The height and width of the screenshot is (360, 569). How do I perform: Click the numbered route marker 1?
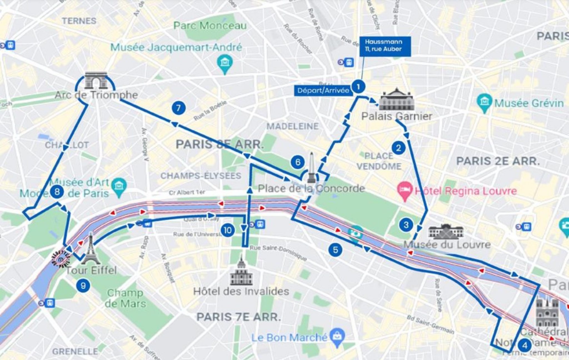coord(358,87)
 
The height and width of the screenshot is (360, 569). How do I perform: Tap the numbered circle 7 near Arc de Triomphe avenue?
coord(178,108)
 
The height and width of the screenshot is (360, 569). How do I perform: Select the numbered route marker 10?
coord(228,230)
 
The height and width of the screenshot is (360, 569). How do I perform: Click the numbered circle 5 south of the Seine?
coord(335,250)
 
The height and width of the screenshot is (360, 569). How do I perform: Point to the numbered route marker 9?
coord(83,285)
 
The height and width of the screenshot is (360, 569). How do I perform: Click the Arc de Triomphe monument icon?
coord(96,80)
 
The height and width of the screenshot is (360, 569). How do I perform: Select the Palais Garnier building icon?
coord(397,100)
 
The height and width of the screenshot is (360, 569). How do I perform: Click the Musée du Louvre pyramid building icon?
coord(446,232)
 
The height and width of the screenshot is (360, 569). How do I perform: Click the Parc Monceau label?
coord(210,26)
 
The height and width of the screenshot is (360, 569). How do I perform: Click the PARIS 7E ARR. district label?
coord(238,317)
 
